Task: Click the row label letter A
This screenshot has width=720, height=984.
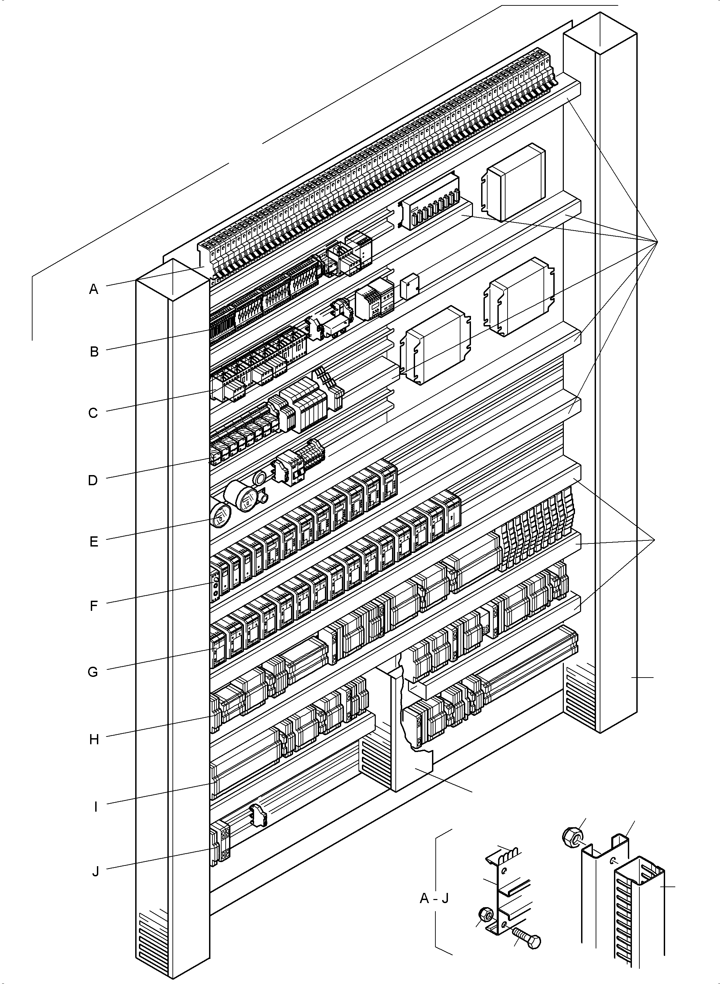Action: click(93, 289)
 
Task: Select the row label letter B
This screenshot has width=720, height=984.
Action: click(94, 352)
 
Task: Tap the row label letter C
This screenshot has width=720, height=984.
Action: click(93, 413)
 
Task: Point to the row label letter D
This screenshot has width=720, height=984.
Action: click(93, 480)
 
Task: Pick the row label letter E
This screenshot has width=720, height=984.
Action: click(94, 542)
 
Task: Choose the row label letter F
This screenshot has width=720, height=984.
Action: click(94, 606)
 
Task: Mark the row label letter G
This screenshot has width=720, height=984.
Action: click(93, 672)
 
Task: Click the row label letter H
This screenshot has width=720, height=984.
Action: click(94, 740)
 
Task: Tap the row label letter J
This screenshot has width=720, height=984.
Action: click(96, 872)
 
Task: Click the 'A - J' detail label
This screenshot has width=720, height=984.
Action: click(434, 898)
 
